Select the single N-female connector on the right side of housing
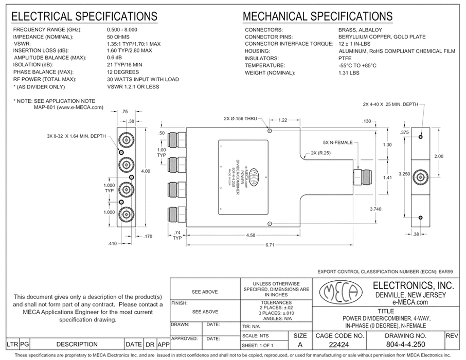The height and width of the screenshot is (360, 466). coord(363,177)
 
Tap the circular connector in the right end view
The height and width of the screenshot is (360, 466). coord(421,178)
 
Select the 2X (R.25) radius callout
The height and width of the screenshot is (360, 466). coord(321,153)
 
